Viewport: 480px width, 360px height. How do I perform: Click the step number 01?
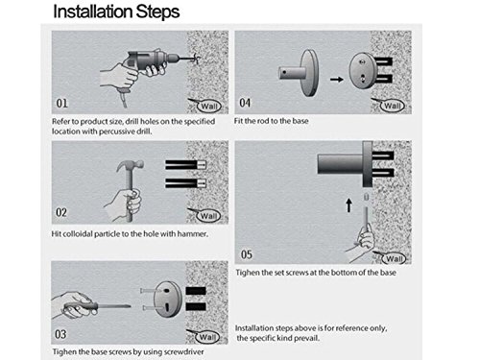pos(61,104)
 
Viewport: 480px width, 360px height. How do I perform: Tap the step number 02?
pos(61,212)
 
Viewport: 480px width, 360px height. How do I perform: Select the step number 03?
pos(60,334)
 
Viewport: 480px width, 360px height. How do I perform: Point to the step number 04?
pos(245,103)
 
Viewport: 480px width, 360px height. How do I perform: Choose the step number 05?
pos(247,254)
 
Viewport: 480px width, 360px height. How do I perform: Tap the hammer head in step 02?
pos(130,166)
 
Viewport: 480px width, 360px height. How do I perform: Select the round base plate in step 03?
pos(168,299)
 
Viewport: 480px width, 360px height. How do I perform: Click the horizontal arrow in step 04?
pos(337,79)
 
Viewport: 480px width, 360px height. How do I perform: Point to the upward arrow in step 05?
pos(348,205)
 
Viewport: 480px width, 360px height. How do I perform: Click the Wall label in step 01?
pos(208,106)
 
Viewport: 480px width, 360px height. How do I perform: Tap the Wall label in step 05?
pos(394,258)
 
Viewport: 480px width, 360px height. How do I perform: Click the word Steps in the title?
pos(157,12)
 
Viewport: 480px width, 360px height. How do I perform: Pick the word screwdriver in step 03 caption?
pos(183,352)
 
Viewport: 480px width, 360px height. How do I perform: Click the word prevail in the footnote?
pos(307,338)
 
